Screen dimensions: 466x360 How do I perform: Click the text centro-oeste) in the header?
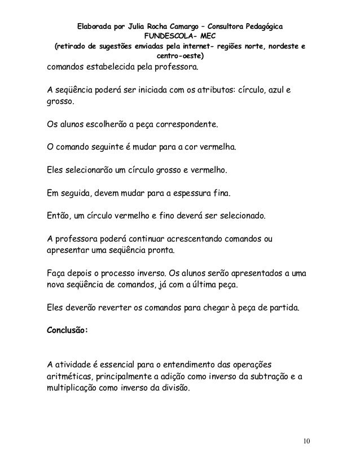(x=180, y=56)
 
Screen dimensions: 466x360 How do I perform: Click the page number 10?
(x=306, y=441)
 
